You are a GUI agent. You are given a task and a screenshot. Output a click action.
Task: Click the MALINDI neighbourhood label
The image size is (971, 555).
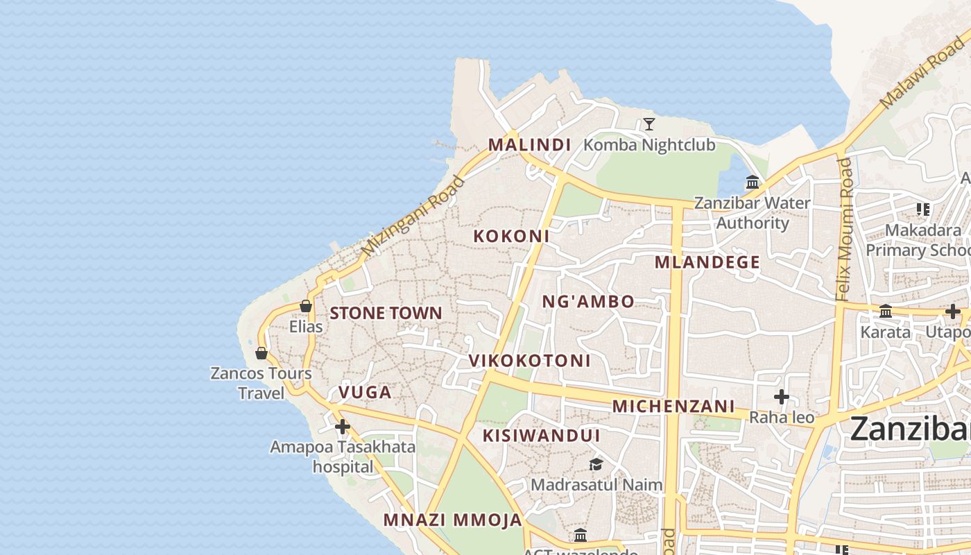(529, 145)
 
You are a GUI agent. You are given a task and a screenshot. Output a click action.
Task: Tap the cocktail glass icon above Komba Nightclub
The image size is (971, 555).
(649, 124)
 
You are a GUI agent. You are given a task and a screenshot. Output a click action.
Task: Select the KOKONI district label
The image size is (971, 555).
(511, 236)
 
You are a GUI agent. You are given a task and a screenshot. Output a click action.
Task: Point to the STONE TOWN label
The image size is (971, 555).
(386, 313)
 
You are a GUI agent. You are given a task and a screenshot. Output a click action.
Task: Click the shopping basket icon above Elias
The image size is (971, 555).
(305, 306)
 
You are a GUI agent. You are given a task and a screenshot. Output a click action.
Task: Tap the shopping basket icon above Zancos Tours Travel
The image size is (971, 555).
(261, 353)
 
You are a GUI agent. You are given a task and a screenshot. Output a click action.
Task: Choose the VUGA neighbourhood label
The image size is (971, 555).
(365, 393)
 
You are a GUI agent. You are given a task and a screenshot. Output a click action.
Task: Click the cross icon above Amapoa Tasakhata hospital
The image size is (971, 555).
(342, 426)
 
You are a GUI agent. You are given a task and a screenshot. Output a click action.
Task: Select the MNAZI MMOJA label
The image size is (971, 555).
(452, 520)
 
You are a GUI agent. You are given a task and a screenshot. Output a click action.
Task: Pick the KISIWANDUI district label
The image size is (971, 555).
(541, 436)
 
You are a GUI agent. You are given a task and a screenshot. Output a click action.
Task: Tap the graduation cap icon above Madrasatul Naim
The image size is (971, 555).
(596, 464)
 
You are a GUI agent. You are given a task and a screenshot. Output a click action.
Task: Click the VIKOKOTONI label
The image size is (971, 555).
(529, 361)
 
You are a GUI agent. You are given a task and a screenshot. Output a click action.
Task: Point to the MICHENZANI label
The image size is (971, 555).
(673, 406)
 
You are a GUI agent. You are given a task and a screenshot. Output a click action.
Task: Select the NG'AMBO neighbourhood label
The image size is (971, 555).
(587, 302)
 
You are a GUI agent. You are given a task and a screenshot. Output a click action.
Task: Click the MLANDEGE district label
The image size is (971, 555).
(707, 262)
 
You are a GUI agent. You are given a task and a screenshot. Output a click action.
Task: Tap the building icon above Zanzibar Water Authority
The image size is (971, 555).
(753, 182)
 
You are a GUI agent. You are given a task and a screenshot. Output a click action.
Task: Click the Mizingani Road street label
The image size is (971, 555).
(413, 216)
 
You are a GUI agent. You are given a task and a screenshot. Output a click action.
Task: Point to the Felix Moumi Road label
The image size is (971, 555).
(843, 229)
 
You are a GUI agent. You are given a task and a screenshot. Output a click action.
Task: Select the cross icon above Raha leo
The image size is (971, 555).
(782, 397)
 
